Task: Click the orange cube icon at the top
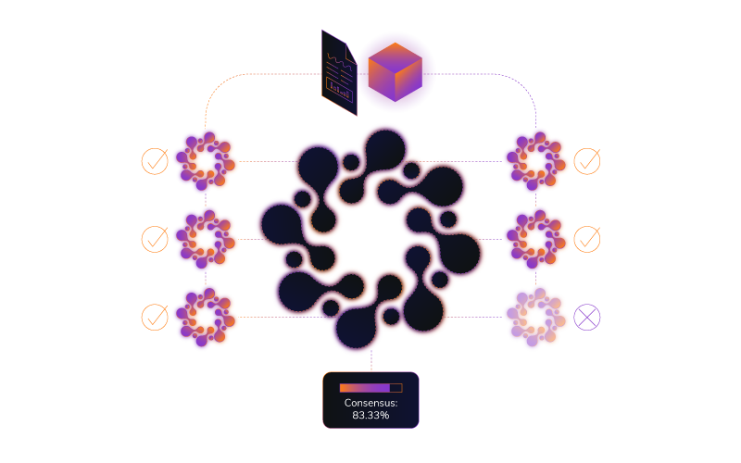point(396,71)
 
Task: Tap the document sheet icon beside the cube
point(338,72)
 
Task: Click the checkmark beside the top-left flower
point(155,161)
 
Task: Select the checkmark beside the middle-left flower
point(155,239)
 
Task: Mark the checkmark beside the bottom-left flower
point(155,317)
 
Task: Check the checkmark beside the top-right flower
point(586,161)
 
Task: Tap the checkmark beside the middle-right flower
point(586,239)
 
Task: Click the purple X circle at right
point(586,317)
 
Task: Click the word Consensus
point(370,403)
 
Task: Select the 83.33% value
point(370,415)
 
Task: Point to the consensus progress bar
point(370,388)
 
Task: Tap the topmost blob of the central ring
point(383,148)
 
